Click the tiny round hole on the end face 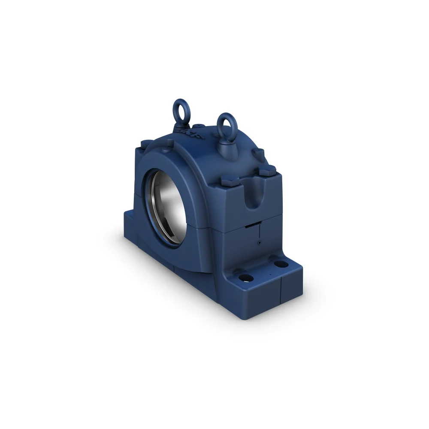pyautogui.click(x=259, y=242)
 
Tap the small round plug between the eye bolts pyautogui.click(x=201, y=126)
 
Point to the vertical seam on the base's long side pyautogui.click(x=174, y=268)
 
